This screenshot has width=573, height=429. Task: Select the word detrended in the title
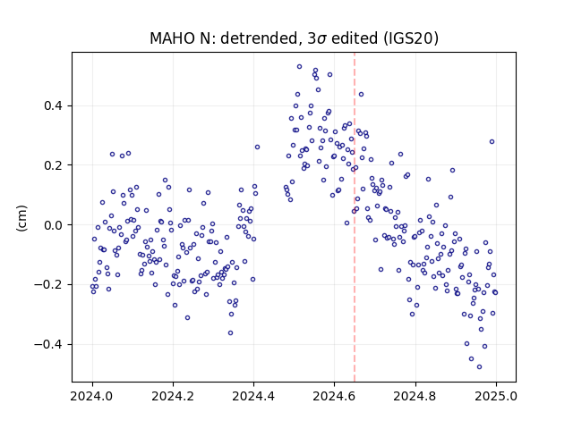point(260,38)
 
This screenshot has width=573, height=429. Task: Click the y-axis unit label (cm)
point(21,218)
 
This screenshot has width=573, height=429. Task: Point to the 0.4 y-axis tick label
point(54,105)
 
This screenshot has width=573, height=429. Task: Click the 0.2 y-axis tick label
point(54,165)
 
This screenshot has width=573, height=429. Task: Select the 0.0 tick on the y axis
point(54,225)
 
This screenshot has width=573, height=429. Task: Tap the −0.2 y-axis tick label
point(48,284)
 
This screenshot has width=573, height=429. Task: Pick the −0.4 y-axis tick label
point(48,344)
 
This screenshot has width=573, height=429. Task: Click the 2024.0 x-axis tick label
point(92,396)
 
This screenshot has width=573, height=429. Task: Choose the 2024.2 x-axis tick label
point(173,396)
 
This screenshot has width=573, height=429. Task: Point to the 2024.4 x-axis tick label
point(253,396)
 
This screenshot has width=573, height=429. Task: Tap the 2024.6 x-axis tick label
point(334,396)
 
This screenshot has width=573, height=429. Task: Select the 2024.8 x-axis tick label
point(415,396)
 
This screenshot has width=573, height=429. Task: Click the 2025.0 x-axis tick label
point(496,396)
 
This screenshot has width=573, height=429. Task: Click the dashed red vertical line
point(355,217)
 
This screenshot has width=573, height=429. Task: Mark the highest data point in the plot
point(299,67)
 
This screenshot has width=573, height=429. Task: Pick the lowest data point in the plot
point(480,367)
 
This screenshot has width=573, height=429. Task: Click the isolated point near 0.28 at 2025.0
point(492,141)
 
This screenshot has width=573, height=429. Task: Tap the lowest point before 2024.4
point(231,333)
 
